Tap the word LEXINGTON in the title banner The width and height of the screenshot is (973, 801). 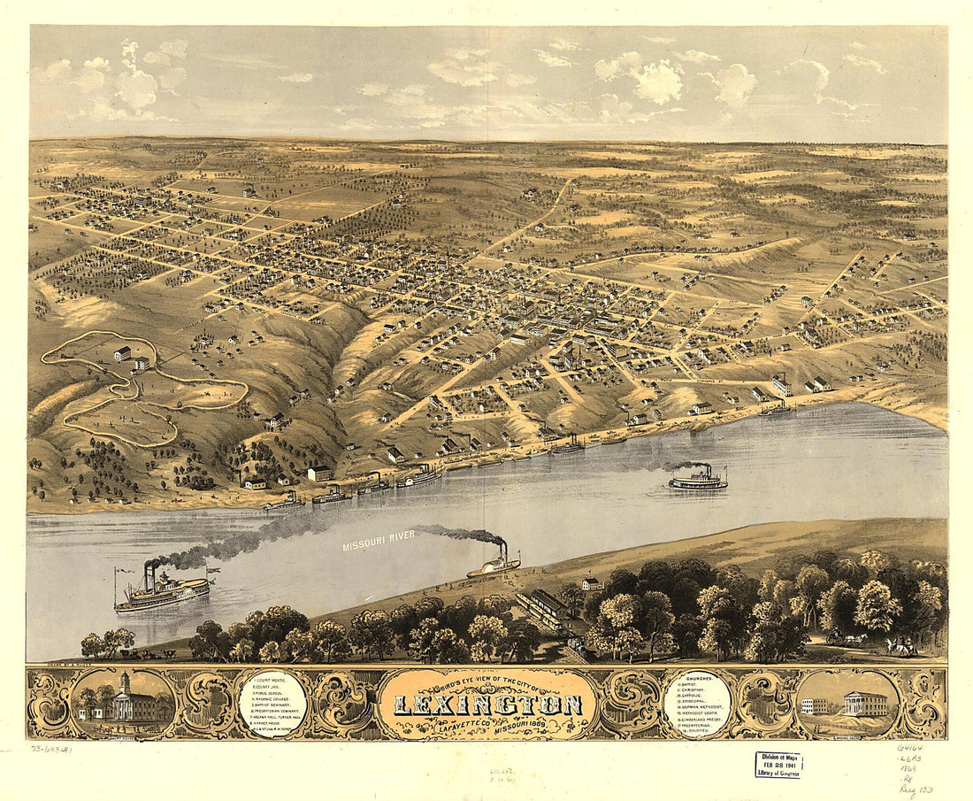(x=487, y=705)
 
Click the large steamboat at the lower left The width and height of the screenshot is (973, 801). (x=163, y=593)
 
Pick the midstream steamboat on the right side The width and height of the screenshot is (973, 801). (x=698, y=480)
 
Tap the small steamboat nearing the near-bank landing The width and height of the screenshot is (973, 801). (x=494, y=565)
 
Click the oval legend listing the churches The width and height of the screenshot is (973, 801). (x=696, y=703)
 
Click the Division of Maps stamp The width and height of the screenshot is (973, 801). (x=778, y=764)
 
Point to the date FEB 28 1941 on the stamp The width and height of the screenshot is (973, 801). (x=778, y=764)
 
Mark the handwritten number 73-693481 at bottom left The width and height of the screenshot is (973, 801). (x=53, y=749)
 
